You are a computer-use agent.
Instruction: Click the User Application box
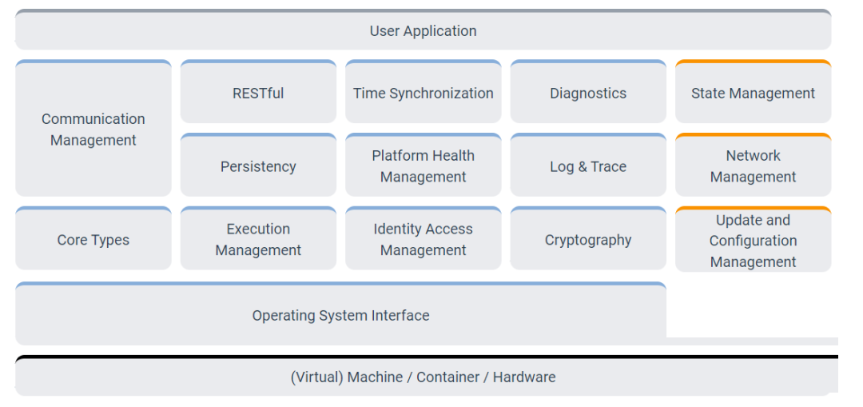(x=423, y=30)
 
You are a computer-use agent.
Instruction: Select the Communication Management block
(x=93, y=128)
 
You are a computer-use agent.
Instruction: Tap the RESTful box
(x=258, y=91)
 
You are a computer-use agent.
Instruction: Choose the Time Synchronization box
(x=424, y=91)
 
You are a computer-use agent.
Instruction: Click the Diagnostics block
(x=588, y=91)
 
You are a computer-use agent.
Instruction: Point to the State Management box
(x=753, y=91)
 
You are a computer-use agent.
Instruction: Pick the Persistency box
(x=258, y=165)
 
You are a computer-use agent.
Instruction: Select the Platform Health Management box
(x=424, y=165)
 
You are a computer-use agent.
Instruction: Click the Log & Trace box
(x=588, y=165)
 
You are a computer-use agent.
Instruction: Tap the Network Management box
(x=753, y=165)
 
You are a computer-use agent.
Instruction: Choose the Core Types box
(x=93, y=238)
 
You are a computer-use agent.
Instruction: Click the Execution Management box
(x=258, y=238)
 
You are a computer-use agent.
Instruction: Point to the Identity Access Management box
(x=424, y=238)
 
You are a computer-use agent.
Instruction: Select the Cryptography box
(x=588, y=238)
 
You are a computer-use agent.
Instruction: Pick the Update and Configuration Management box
(x=753, y=239)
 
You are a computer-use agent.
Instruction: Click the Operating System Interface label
(x=340, y=316)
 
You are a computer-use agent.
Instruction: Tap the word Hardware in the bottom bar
(x=524, y=377)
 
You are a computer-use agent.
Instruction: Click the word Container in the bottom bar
(x=447, y=377)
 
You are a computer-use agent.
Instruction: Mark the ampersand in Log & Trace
(x=582, y=167)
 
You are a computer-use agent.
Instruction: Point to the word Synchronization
(x=441, y=94)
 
